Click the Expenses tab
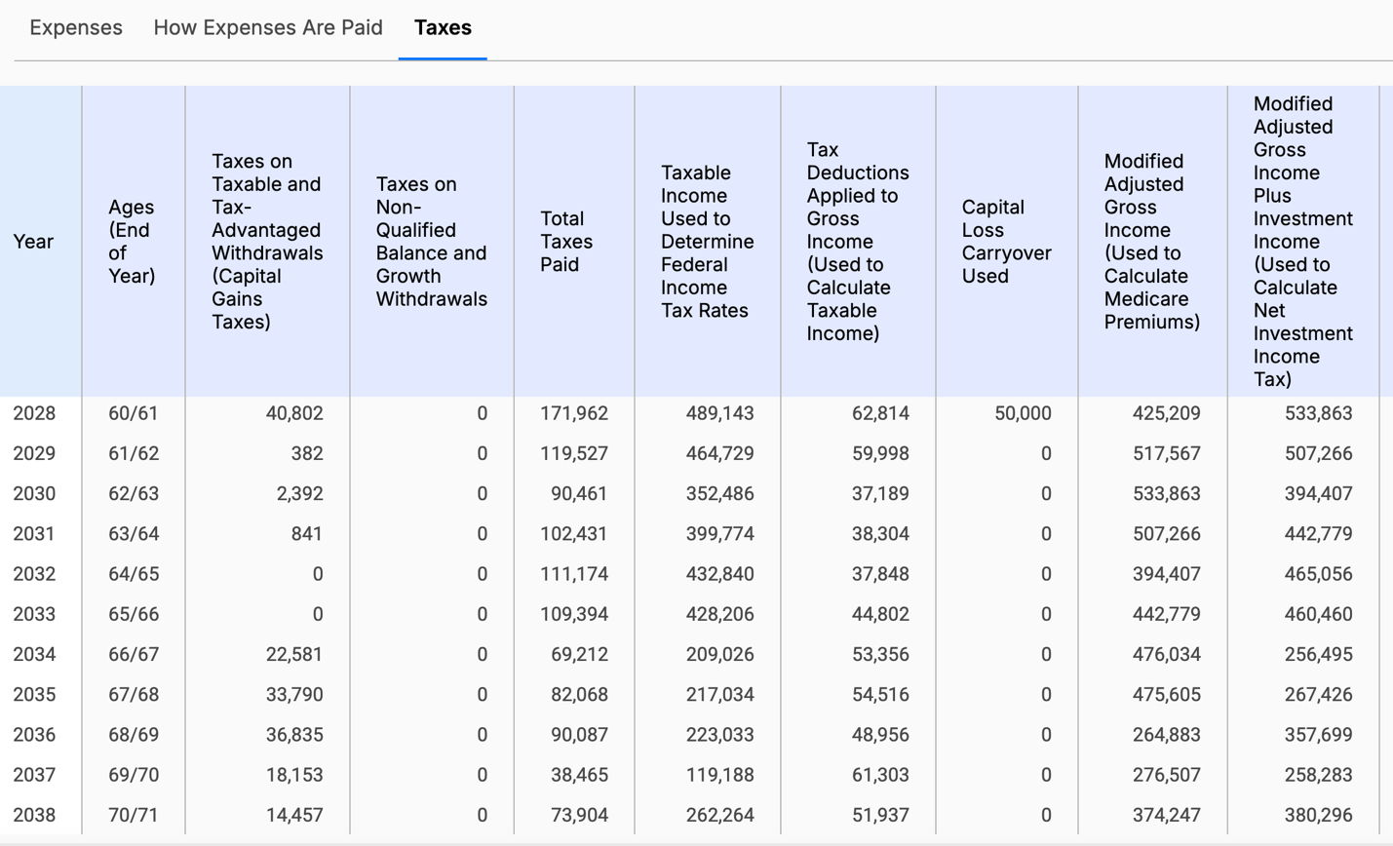coord(76,27)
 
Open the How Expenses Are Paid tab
coord(268,27)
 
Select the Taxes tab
coord(443,27)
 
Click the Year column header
coord(33,242)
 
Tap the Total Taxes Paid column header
coord(566,242)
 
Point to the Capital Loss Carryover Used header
coord(1006,242)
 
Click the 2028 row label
coord(34,413)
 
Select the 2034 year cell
coord(34,654)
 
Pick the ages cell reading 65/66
coord(133,614)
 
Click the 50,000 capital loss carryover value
coord(1023,413)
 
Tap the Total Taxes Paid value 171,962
coord(574,413)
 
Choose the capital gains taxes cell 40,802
coord(294,413)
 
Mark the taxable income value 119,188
coord(719,775)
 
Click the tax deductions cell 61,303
coord(880,775)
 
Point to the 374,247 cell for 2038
coord(1166,815)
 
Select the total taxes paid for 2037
coord(579,775)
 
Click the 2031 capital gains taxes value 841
coord(306,534)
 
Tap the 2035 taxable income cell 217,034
coord(719,695)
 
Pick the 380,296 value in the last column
coord(1318,815)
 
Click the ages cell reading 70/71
coord(133,815)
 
